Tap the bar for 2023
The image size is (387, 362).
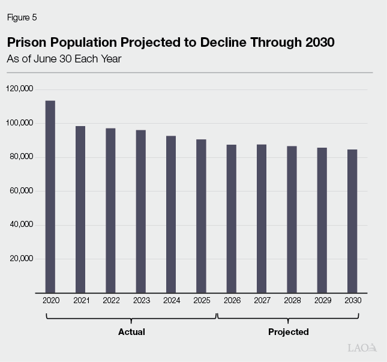pos(140,211)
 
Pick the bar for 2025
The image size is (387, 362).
pos(201,216)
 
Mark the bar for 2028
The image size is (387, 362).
pos(292,219)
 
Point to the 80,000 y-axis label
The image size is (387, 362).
pos(22,157)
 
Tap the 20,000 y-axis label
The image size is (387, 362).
pos(22,259)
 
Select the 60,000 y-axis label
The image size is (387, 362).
pos(22,191)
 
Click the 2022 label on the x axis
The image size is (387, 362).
pos(110,300)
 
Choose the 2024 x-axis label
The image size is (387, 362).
pos(171,300)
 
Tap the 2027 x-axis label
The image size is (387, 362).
pos(262,300)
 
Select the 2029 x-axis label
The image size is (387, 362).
pos(322,300)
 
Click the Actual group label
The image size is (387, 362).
pos(131,332)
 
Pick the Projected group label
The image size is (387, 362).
pos(289,332)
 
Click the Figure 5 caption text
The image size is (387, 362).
pos(22,17)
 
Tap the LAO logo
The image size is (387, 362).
pos(362,348)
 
